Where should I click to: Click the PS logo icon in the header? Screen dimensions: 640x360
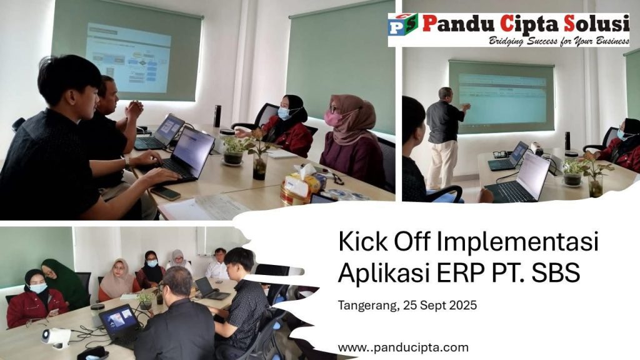(x=403, y=24)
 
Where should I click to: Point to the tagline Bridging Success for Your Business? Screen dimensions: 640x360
(x=559, y=41)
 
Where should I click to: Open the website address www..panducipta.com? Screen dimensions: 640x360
(x=403, y=347)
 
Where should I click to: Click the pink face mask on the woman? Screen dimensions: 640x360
(x=333, y=119)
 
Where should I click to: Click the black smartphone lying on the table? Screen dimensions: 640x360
(x=165, y=193)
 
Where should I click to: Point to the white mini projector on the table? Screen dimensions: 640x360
(x=56, y=338)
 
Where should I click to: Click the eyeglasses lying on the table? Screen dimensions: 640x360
(x=500, y=154)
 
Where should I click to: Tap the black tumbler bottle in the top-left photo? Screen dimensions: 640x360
(x=217, y=116)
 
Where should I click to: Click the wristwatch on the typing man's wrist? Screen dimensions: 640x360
(x=127, y=162)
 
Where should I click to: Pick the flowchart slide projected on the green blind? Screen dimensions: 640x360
(x=127, y=57)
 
